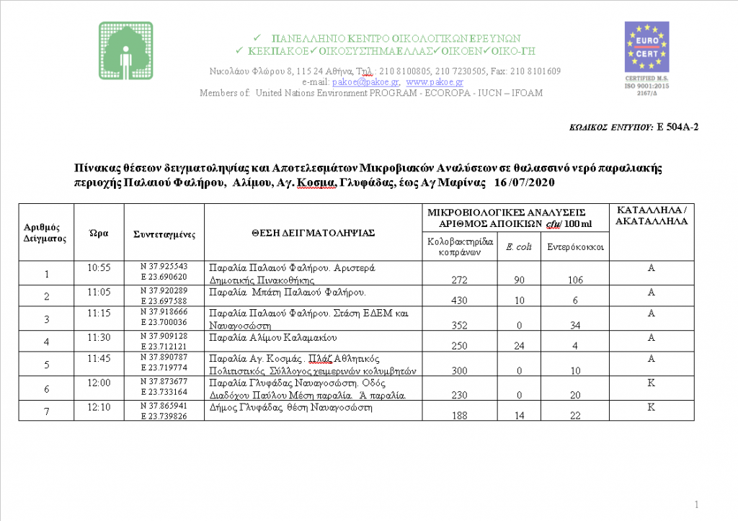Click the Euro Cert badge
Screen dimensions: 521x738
click(646, 53)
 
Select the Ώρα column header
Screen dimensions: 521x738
click(99, 233)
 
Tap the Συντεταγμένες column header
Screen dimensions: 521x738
click(164, 234)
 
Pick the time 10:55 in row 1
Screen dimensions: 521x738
click(99, 268)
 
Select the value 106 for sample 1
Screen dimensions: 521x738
click(574, 280)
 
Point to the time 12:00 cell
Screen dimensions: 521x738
click(99, 383)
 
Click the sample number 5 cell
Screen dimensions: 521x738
click(47, 365)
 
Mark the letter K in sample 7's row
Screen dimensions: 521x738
click(651, 406)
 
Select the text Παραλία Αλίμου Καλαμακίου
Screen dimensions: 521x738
click(273, 337)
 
